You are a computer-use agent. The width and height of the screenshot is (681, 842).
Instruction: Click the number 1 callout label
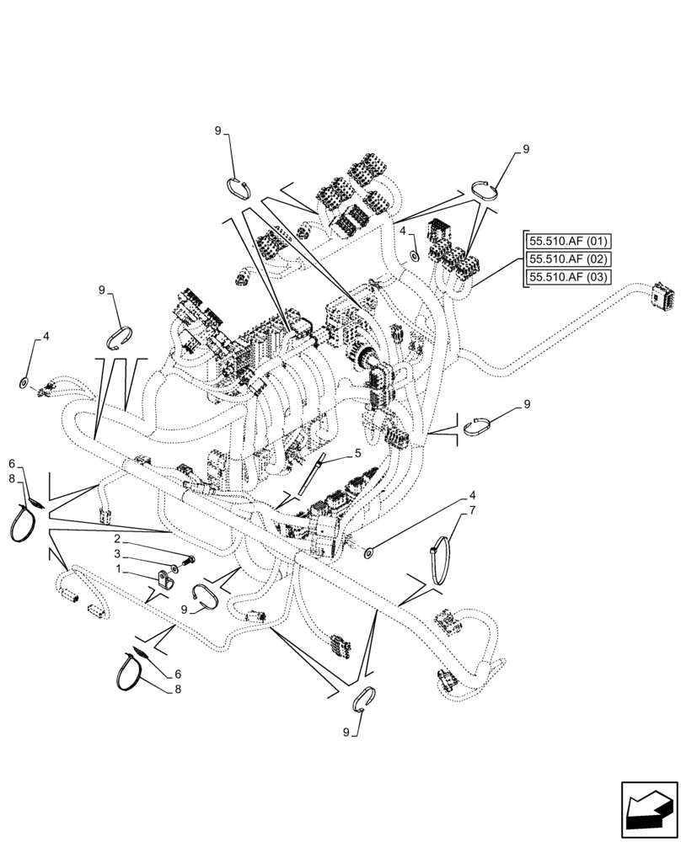pos(120,569)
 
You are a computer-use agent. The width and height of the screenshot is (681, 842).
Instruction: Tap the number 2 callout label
pos(120,538)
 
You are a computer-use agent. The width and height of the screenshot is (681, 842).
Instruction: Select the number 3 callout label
pos(120,554)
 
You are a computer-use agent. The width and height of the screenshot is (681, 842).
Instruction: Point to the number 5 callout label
pos(357,453)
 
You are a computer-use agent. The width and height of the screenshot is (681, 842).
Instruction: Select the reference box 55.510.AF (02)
pos(570,258)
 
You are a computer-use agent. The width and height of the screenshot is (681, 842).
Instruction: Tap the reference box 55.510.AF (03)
pos(570,277)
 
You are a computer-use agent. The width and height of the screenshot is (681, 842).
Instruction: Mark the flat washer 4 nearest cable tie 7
pos(369,552)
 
